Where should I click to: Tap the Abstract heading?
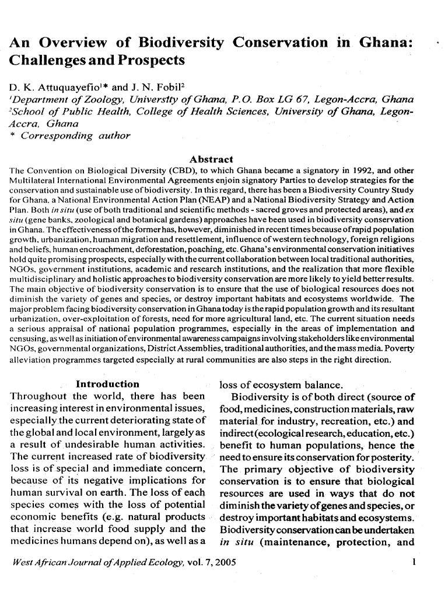(212, 159)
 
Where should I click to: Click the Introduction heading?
(108, 384)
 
